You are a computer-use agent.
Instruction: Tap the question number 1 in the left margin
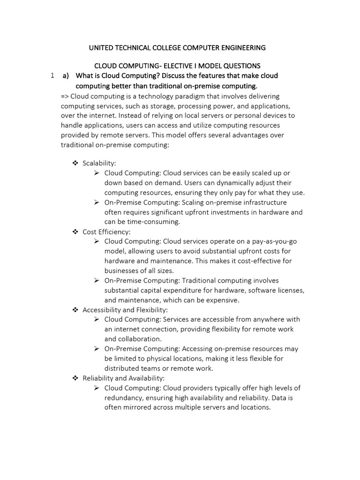pos(53,75)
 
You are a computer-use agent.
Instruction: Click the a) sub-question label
pos(66,75)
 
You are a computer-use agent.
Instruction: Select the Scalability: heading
pos(99,163)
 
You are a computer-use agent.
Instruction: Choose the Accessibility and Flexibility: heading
pos(125,310)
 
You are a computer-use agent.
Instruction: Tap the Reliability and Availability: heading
pos(123,378)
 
